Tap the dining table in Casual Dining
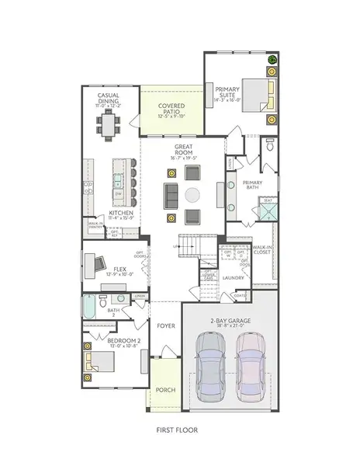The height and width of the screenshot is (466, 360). click(108, 122)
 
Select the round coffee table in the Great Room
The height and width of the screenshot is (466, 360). click(192, 194)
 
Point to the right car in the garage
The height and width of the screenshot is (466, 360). click(250, 364)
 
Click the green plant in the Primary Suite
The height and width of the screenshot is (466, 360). click(272, 60)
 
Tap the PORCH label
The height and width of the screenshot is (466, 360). click(164, 391)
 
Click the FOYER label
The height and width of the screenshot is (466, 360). click(165, 327)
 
